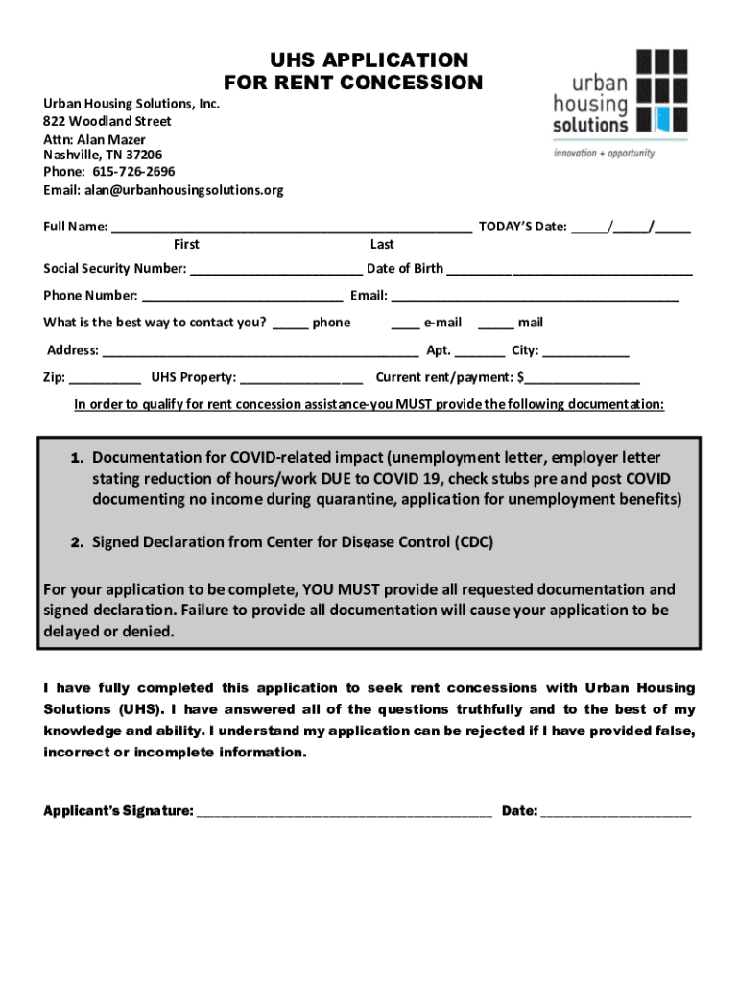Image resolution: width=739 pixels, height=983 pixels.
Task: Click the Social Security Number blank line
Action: point(276,270)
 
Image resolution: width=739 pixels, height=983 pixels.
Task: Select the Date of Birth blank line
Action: point(569,270)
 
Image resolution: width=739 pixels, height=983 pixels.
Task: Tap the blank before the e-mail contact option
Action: point(405,324)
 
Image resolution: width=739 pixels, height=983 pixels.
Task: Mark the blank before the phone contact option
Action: point(290,324)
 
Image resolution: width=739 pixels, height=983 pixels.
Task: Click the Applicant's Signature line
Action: point(344,812)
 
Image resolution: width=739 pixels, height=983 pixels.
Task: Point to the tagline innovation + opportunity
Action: point(605,153)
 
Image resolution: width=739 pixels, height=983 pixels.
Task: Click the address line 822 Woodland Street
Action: point(107,121)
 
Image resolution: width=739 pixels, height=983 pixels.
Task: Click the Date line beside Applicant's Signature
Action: point(615,812)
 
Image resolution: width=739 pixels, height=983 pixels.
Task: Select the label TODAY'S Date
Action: point(522,228)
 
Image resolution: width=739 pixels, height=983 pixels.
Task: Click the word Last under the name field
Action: point(382,245)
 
